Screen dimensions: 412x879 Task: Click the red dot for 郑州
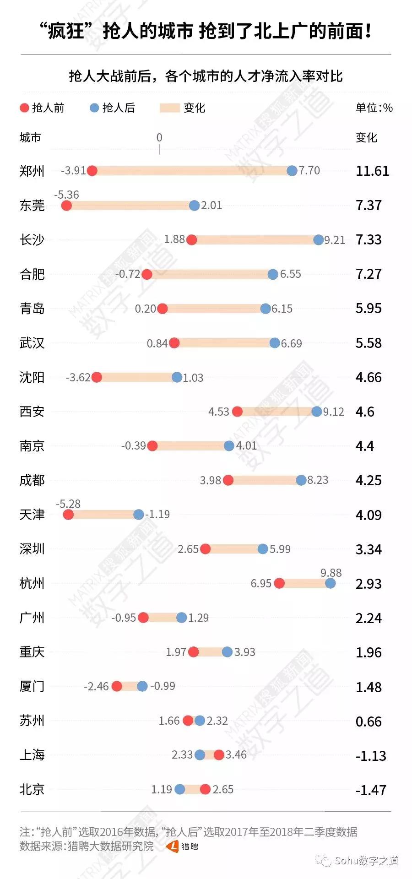pyautogui.click(x=92, y=171)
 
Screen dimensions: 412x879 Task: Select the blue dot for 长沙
pyautogui.click(x=319, y=240)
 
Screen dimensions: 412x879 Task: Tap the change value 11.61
pyautogui.click(x=373, y=171)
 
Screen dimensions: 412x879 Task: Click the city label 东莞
pyautogui.click(x=32, y=205)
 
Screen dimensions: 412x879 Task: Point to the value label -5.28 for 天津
pyautogui.click(x=68, y=504)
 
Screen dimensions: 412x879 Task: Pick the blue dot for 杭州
pyautogui.click(x=331, y=583)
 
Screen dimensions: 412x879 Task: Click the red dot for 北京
pyautogui.click(x=205, y=789)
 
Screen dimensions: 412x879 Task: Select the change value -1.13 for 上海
pyautogui.click(x=371, y=756)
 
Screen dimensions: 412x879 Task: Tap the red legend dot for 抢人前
pyautogui.click(x=24, y=108)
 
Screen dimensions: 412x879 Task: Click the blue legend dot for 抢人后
pyautogui.click(x=94, y=108)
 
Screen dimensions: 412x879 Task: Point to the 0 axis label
pyautogui.click(x=159, y=137)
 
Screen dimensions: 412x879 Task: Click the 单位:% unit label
pyautogui.click(x=374, y=108)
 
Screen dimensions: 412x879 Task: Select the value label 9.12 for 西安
pyautogui.click(x=334, y=412)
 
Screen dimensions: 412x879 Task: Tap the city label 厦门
pyautogui.click(x=32, y=686)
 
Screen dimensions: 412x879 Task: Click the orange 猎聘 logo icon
pyautogui.click(x=173, y=846)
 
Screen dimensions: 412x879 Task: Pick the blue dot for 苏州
pyautogui.click(x=200, y=721)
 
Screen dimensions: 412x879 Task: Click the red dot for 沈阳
pyautogui.click(x=97, y=377)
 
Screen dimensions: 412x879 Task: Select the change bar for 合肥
pyautogui.click(x=210, y=274)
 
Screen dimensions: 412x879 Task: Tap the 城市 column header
pyautogui.click(x=30, y=137)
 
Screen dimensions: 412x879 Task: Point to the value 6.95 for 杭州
pyautogui.click(x=261, y=584)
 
